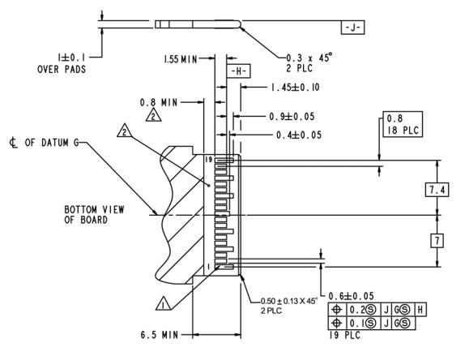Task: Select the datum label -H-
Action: [239, 71]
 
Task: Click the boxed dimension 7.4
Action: [437, 189]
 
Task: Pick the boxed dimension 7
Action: [437, 240]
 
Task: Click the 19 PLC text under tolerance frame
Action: [343, 334]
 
